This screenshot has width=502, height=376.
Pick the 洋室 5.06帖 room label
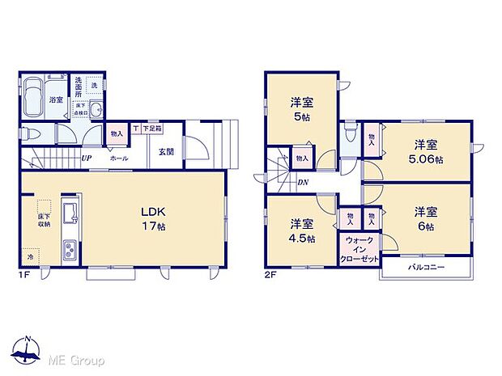coord(426,152)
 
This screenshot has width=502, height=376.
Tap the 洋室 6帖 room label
coord(426,218)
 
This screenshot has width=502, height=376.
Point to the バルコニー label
coord(424,267)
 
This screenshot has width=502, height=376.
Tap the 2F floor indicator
coord(269,276)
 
